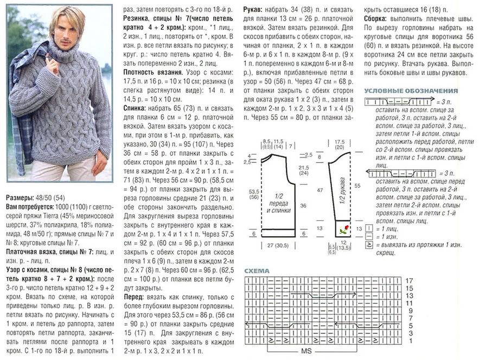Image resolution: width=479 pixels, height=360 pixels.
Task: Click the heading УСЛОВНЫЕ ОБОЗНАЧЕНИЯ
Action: tap(411, 91)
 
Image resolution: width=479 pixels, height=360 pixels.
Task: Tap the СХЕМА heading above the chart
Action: tap(258, 270)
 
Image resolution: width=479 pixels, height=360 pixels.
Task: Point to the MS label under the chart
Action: tap(306, 351)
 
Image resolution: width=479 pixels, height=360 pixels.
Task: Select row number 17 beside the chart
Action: tap(410, 280)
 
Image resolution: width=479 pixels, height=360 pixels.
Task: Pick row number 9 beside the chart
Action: tap(410, 311)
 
